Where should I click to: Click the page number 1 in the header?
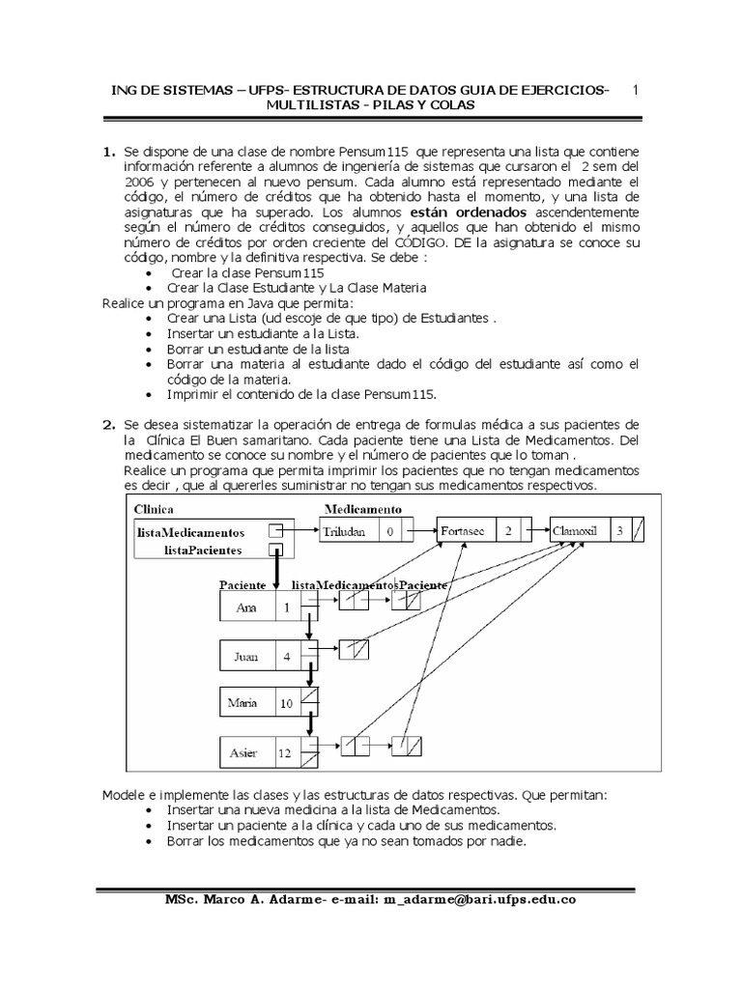(635, 90)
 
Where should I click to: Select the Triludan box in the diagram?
(347, 531)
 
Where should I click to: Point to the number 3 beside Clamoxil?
(619, 531)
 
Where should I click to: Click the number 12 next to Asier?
(286, 751)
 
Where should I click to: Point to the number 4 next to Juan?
(286, 656)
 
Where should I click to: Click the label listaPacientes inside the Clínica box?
(205, 550)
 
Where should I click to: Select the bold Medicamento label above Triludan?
(363, 509)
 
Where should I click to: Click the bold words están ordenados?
(469, 211)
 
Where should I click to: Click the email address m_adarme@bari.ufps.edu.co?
(480, 899)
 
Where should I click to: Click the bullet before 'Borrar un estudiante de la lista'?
(147, 349)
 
